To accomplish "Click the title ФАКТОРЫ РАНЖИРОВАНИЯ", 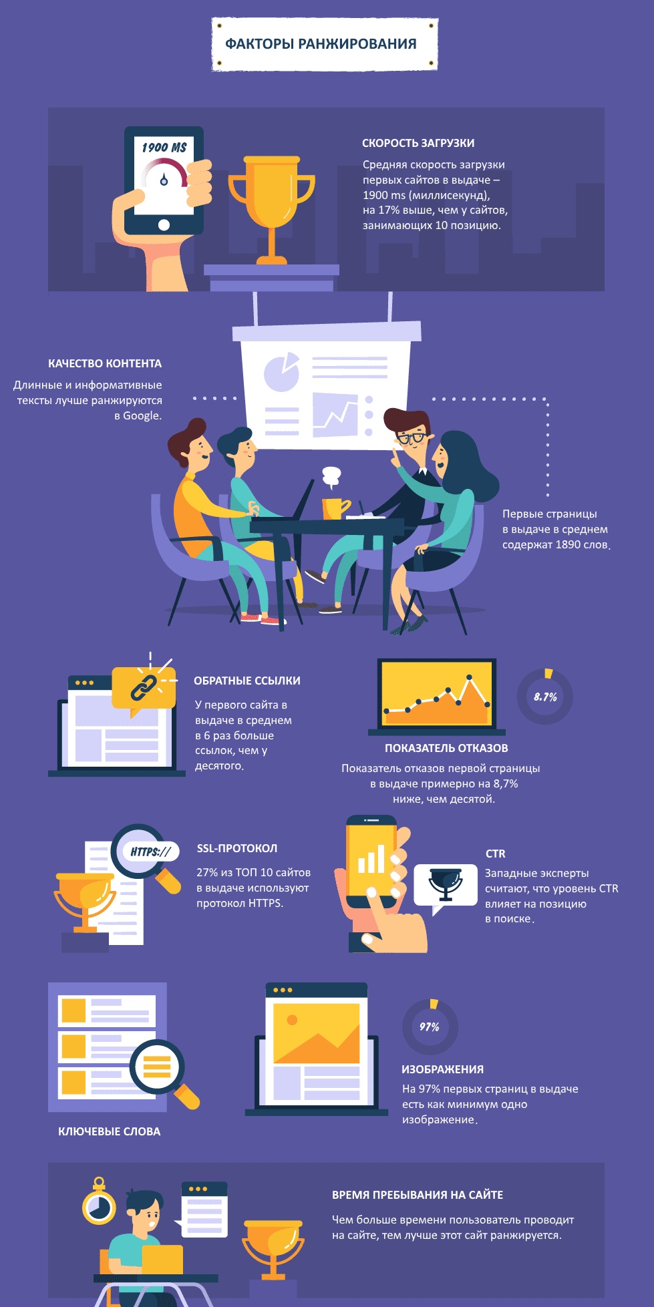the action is point(321,44).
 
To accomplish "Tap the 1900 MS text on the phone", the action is point(164,147).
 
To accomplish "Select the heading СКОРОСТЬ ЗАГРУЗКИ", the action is point(418,143).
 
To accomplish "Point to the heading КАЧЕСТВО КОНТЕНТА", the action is point(105,363).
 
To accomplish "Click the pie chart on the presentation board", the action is point(281,371).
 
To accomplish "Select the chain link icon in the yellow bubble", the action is point(143,687).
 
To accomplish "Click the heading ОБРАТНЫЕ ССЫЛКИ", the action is point(247,681).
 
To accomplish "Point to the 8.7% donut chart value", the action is point(545,697).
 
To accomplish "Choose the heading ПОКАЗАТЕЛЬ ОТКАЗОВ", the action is point(446,748).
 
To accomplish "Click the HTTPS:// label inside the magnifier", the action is point(150,852).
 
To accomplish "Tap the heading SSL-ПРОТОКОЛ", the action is point(237,848).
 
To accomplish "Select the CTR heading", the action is point(496,854).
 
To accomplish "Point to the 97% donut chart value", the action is point(430,1026).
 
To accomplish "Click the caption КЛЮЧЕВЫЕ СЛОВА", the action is point(110,1131).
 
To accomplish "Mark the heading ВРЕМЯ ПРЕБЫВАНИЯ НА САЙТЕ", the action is point(418,1195).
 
